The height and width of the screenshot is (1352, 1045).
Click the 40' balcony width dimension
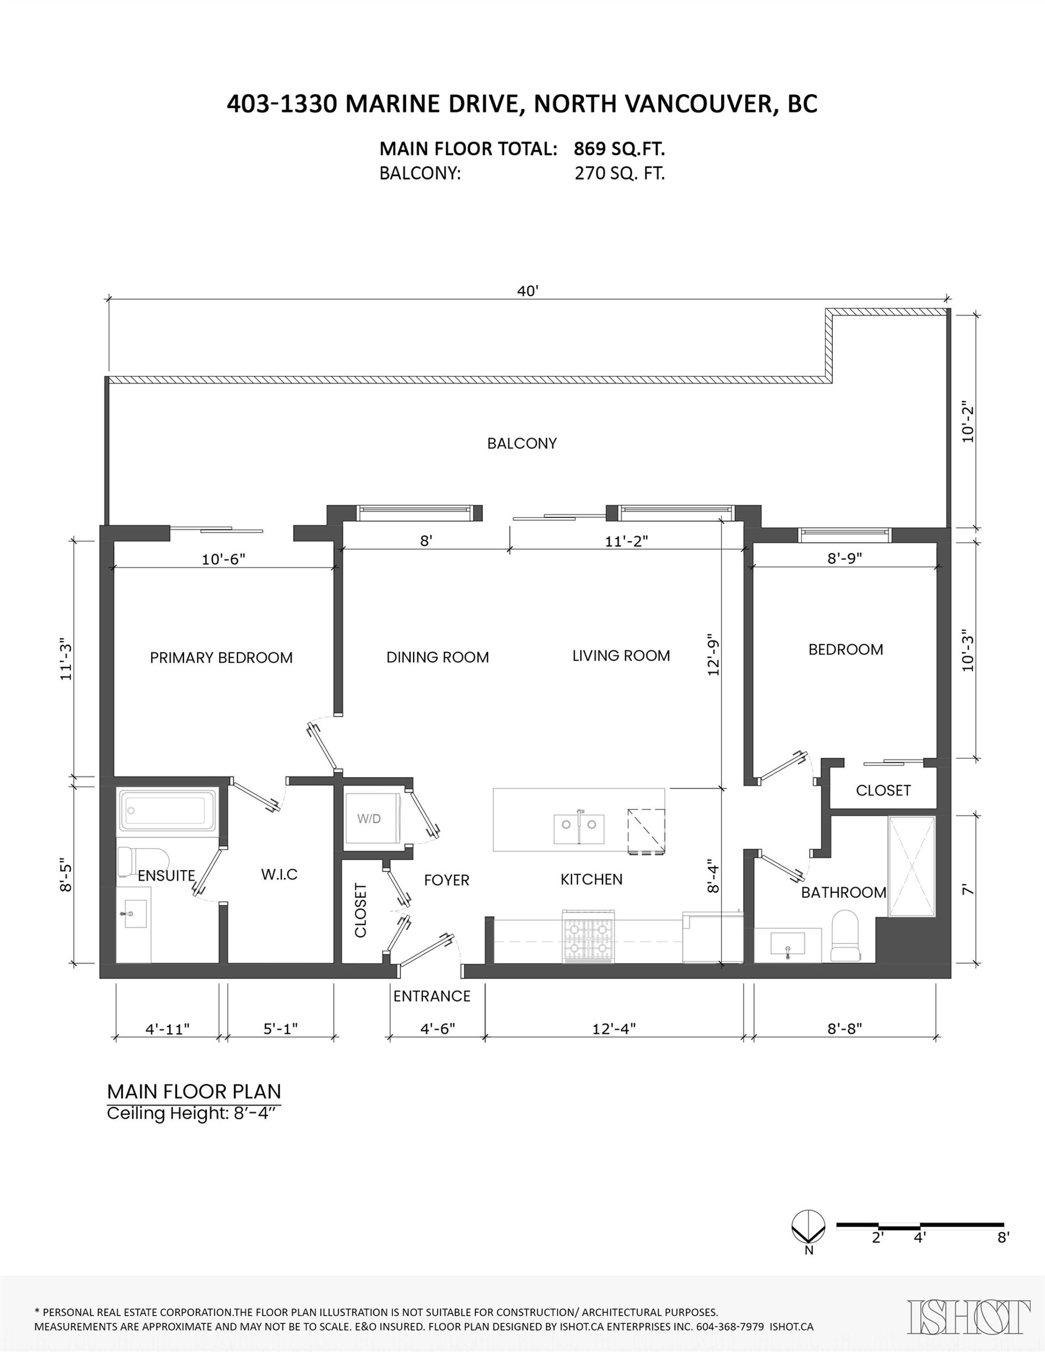tap(528, 291)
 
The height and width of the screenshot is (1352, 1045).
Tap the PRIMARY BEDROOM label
tap(221, 657)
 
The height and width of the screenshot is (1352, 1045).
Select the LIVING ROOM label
tap(620, 656)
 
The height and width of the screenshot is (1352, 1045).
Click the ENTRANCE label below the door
tap(432, 996)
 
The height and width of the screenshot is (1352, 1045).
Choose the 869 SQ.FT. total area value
tap(619, 149)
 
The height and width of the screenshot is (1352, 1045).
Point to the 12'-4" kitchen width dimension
tap(614, 1028)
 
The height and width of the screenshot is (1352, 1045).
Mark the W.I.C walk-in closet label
tap(279, 874)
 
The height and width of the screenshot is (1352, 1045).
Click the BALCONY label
tap(521, 443)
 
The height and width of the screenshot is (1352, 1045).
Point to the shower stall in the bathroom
tap(911, 866)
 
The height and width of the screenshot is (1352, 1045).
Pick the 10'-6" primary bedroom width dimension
tap(224, 559)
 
